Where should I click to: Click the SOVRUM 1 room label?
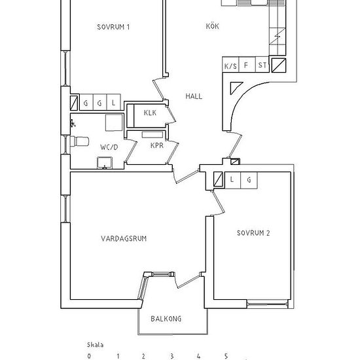point(113,27)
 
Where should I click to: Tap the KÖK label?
point(212,26)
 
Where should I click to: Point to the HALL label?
point(194,96)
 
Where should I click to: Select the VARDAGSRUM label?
point(124,238)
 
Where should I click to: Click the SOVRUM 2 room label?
point(253,233)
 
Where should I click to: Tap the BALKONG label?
point(166,319)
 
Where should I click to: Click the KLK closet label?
point(150,113)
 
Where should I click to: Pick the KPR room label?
point(157,145)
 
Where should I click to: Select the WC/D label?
point(109,147)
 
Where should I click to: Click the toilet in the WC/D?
point(79,141)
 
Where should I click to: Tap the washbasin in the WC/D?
point(105,163)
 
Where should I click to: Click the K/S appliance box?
point(230,65)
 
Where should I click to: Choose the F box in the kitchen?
point(247,65)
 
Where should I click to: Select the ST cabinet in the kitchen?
point(262,65)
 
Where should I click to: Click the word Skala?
point(95,345)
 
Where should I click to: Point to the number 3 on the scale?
point(171,356)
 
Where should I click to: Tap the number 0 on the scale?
point(89,356)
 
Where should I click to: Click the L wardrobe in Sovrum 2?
point(232,181)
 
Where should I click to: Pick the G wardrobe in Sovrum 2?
point(249,181)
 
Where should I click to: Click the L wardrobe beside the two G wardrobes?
point(114,102)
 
